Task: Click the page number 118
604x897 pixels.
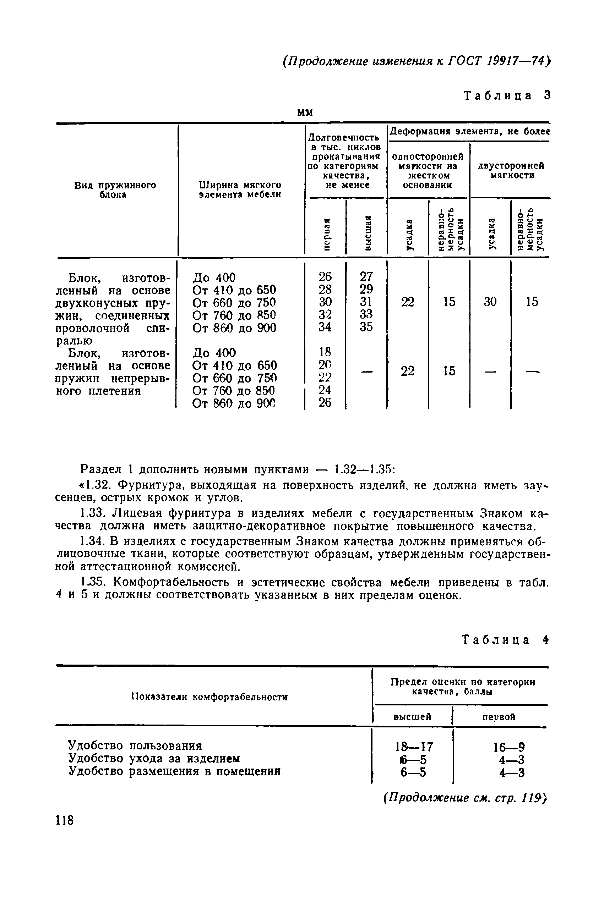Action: (x=64, y=820)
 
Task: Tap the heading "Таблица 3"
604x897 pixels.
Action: (x=507, y=95)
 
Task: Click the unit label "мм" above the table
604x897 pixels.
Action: (x=305, y=112)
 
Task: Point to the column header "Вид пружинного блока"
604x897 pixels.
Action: (x=115, y=190)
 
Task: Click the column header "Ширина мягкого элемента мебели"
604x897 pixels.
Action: (x=240, y=190)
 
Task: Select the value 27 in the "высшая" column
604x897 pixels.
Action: (x=366, y=276)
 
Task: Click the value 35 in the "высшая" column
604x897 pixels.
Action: (x=366, y=327)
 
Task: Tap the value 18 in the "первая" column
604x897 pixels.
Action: (x=325, y=352)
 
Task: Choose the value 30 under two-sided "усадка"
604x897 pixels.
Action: (x=490, y=302)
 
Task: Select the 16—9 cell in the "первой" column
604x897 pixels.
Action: (x=509, y=747)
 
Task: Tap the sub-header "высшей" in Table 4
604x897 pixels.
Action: (x=412, y=717)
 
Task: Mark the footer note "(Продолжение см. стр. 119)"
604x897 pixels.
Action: (x=465, y=798)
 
